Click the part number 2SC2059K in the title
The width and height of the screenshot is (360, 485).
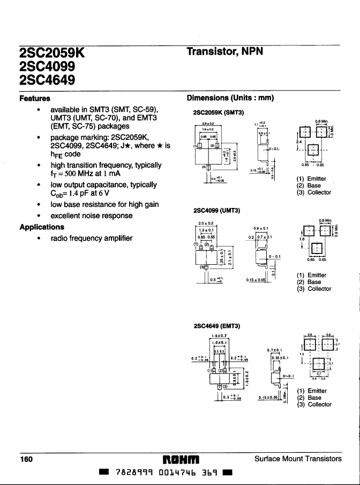point(52,53)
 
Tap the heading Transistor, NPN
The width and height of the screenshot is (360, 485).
point(228,51)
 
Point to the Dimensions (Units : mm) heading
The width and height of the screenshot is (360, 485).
point(230,98)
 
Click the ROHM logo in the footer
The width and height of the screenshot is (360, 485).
point(180,459)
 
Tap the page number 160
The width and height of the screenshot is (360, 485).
point(26,459)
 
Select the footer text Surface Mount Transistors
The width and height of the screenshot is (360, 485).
point(297,459)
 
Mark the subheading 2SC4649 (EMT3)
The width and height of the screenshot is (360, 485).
point(216,326)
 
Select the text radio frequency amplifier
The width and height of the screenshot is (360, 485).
point(91,238)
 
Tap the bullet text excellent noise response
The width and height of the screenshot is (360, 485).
point(91,215)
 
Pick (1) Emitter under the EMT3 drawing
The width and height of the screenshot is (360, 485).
point(313,391)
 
